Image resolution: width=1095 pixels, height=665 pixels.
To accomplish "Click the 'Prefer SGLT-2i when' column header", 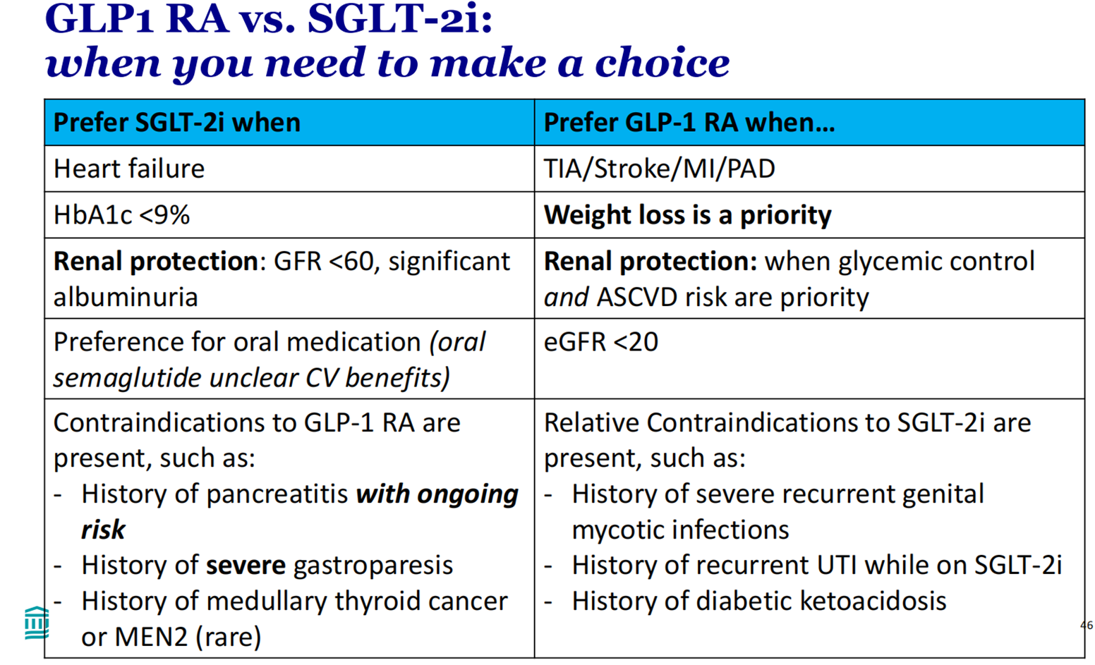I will point(177,123).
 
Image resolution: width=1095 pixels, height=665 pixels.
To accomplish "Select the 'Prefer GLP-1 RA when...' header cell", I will point(689,123).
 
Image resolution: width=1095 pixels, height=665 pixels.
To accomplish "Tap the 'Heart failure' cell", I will point(129,169).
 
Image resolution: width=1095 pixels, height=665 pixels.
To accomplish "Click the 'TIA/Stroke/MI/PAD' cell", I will point(659,169).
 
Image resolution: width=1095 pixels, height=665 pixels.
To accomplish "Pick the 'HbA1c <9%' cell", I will point(121,215).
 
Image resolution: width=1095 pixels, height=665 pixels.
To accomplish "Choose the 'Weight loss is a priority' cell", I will point(687,215).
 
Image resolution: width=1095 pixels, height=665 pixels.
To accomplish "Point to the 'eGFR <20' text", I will point(600,342).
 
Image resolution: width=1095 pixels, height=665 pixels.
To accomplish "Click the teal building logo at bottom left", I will point(36,623).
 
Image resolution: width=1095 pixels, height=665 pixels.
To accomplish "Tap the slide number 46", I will point(1086,625).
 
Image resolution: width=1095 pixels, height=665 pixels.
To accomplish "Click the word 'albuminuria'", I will point(126,297).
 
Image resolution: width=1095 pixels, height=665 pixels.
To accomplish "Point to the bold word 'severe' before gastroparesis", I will point(246,566).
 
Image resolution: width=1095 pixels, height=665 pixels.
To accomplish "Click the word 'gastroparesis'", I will point(373,566).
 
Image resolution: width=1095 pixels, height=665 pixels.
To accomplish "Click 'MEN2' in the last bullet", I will point(151,637).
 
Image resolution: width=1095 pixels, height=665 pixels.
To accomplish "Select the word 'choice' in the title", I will point(662,63).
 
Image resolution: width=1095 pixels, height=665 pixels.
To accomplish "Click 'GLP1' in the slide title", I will point(98,19).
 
